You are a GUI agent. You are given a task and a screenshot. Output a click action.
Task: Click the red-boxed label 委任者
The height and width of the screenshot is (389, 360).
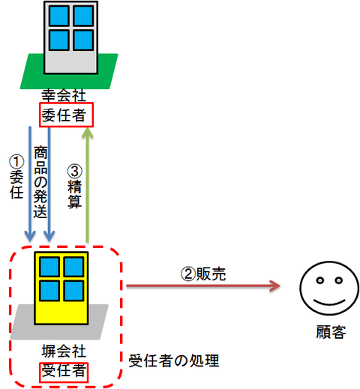(x=66, y=115)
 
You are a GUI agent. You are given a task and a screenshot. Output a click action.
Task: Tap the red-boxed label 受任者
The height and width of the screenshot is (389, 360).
(x=64, y=373)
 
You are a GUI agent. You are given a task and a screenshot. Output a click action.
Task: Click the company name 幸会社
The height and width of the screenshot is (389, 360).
(x=64, y=95)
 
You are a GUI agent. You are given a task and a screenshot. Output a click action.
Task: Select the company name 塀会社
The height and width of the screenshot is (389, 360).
(x=64, y=351)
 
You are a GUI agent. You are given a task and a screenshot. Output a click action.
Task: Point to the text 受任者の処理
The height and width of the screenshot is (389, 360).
(x=174, y=361)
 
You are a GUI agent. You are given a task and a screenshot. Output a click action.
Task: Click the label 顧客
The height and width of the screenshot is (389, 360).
(x=331, y=332)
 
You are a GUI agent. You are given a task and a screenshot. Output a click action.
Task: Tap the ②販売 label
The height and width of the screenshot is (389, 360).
(x=203, y=274)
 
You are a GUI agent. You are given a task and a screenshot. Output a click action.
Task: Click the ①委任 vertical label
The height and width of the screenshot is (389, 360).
(x=16, y=177)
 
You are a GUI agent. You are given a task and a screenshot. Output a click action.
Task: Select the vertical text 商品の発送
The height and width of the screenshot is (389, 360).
(x=40, y=182)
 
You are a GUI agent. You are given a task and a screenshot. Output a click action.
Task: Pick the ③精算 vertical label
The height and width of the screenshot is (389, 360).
(x=75, y=186)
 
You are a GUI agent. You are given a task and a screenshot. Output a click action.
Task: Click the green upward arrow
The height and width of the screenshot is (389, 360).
(x=87, y=185)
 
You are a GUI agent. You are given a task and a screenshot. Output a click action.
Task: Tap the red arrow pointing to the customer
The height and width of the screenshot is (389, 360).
(x=203, y=286)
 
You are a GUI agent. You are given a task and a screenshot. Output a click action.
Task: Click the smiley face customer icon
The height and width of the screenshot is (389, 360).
(x=329, y=289)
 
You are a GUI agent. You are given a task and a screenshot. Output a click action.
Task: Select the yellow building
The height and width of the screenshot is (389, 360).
(x=61, y=288)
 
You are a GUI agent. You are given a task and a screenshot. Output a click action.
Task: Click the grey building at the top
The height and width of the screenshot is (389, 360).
(x=70, y=37)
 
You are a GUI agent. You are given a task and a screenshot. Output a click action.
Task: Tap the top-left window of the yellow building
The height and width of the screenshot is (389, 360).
(x=49, y=267)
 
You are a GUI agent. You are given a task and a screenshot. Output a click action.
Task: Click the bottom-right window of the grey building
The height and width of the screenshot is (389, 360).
(x=83, y=40)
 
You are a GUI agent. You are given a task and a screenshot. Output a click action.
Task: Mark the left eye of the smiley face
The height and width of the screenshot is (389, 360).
(x=320, y=280)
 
